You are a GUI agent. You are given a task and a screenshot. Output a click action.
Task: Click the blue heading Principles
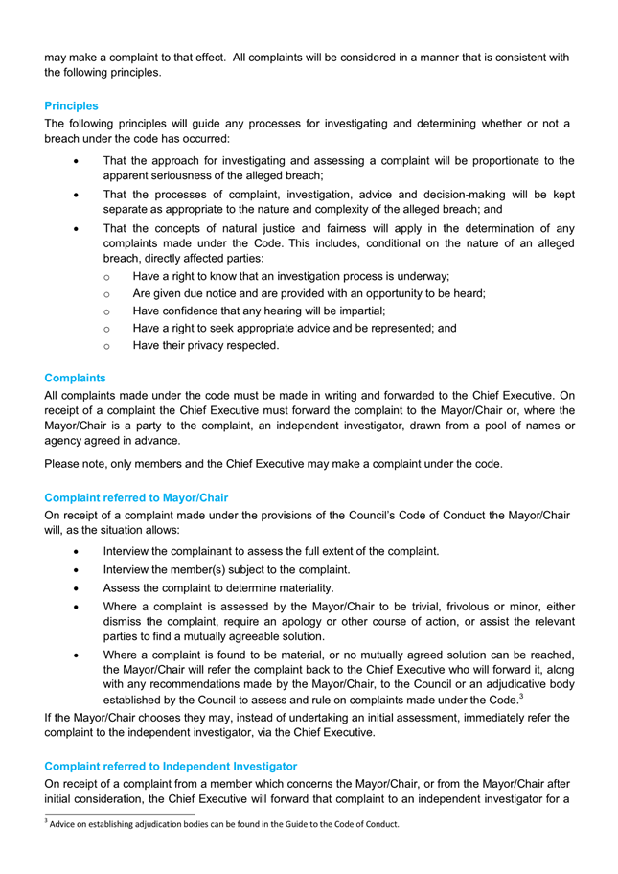(71, 105)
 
